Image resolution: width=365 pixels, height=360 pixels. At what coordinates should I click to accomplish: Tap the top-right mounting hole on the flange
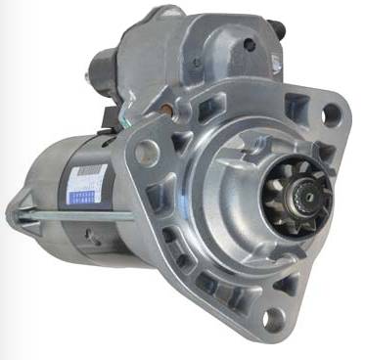pyautogui.click(x=329, y=114)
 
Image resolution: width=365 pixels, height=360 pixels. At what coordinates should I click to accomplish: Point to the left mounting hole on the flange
pyautogui.click(x=148, y=150)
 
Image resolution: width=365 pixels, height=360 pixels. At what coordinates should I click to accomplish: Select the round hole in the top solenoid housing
pyautogui.click(x=251, y=45)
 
